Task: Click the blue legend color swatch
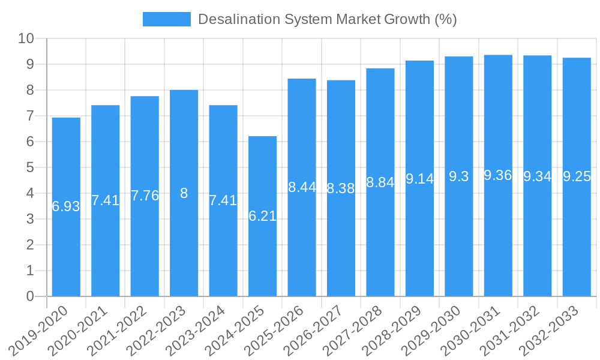[166, 19]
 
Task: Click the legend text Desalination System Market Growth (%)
[327, 19]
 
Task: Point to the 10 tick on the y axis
[26, 39]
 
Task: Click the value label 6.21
[262, 217]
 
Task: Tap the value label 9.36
[498, 175]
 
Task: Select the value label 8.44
[302, 187]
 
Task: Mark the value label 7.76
[145, 196]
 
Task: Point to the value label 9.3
[459, 176]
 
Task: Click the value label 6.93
[66, 207]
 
